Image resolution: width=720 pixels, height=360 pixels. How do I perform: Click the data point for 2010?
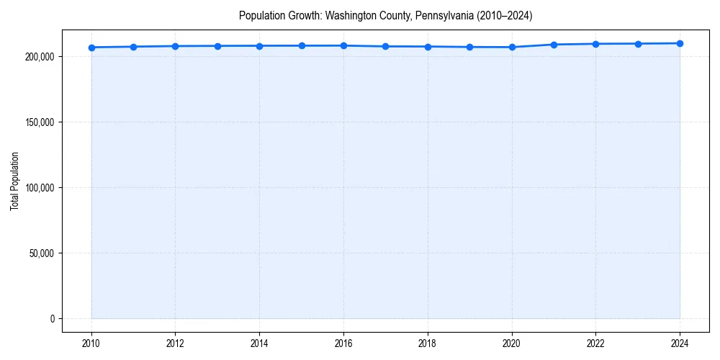pyautogui.click(x=91, y=48)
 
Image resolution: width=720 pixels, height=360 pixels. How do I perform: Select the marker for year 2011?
pyautogui.click(x=133, y=47)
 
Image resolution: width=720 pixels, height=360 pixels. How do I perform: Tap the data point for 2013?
pyautogui.click(x=217, y=46)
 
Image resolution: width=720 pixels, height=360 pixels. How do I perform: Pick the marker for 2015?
pyautogui.click(x=302, y=45)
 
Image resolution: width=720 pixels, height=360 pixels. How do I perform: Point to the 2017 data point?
pyautogui.click(x=386, y=46)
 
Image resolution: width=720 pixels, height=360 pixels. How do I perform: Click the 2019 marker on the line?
pyautogui.click(x=469, y=47)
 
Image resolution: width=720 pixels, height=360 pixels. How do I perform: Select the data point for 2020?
pyautogui.click(x=512, y=47)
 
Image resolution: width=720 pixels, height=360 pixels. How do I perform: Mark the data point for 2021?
pyautogui.click(x=554, y=45)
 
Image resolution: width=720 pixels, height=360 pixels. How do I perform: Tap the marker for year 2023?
pyautogui.click(x=638, y=44)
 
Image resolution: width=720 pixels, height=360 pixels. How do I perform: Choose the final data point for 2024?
pyautogui.click(x=680, y=43)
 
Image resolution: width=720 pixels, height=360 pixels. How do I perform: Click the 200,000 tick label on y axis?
pyautogui.click(x=39, y=56)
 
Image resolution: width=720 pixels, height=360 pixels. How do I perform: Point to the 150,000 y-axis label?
pyautogui.click(x=39, y=122)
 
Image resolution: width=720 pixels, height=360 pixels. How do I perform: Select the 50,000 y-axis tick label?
pyautogui.click(x=41, y=253)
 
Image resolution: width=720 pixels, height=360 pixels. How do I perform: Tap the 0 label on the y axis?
pyautogui.click(x=52, y=319)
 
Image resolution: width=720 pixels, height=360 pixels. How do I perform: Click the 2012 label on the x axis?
pyautogui.click(x=175, y=343)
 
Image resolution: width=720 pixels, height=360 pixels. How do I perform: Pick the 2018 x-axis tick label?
pyautogui.click(x=428, y=343)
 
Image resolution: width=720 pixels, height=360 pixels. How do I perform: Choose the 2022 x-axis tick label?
pyautogui.click(x=595, y=343)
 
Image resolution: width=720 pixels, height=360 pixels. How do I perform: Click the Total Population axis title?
pyautogui.click(x=14, y=181)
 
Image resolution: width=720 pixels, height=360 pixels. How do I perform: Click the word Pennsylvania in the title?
pyautogui.click(x=440, y=15)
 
